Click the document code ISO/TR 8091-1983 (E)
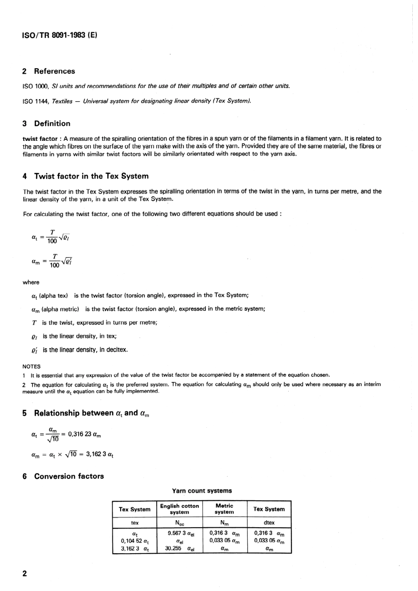pyautogui.click(x=59, y=34)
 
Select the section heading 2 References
pyautogui.click(x=48, y=71)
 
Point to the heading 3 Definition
pyautogui.click(x=46, y=124)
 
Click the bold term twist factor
pyautogui.click(x=40, y=139)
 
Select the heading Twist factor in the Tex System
pyautogui.click(x=91, y=176)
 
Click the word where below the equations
pyautogui.click(x=31, y=283)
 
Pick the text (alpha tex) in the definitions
pyautogui.click(x=53, y=295)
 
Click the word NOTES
pyautogui.click(x=31, y=366)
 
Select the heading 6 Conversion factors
pyautogui.click(x=63, y=476)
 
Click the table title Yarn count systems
pyautogui.click(x=202, y=491)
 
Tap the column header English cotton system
pyautogui.click(x=180, y=509)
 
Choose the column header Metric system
pyautogui.click(x=224, y=509)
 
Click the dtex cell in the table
pyautogui.click(x=269, y=523)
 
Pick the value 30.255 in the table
pyautogui.click(x=173, y=548)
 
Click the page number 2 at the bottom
pyautogui.click(x=25, y=573)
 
